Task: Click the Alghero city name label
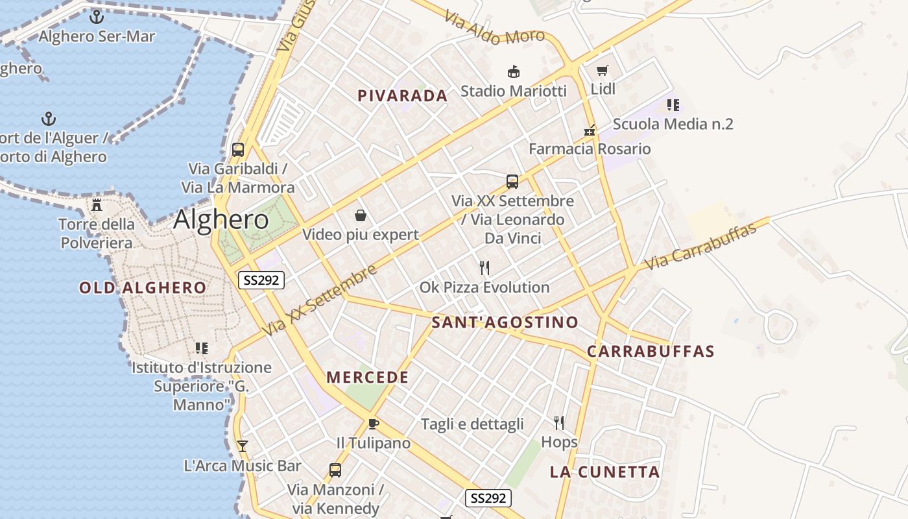point(221,220)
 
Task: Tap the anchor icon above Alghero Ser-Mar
point(97,17)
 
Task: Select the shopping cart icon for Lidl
point(603,70)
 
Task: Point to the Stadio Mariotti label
point(514,91)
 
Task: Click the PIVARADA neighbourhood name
point(403,96)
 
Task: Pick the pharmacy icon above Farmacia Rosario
point(590,130)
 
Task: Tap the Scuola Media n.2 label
point(673,124)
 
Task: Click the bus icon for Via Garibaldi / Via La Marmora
point(238,150)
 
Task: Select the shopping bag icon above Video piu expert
point(361,215)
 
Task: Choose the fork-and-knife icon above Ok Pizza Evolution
point(484,267)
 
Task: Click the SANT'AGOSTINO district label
point(505,322)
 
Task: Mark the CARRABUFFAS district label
point(651,352)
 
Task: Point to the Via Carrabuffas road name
point(702,248)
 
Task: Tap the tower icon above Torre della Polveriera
point(97,205)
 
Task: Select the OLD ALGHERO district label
point(143,288)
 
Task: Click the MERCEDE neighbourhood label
point(368,378)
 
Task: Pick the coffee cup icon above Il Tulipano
point(373,424)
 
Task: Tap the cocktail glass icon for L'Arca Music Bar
point(243,446)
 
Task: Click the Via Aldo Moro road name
point(494,29)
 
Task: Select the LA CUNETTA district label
point(605,472)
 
